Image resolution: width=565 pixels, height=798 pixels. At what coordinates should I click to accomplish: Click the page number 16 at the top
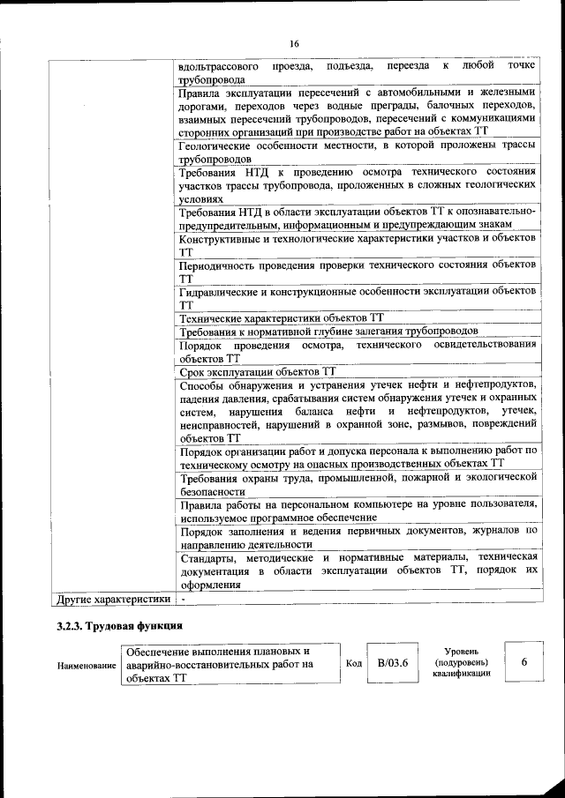(x=294, y=44)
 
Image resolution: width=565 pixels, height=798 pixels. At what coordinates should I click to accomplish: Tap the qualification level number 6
(x=524, y=663)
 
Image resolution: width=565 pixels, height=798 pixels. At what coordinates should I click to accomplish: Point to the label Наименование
(x=87, y=665)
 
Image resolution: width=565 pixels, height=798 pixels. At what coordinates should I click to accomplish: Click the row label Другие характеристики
(x=112, y=600)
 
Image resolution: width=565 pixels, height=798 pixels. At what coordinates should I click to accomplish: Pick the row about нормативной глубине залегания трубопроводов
(x=328, y=332)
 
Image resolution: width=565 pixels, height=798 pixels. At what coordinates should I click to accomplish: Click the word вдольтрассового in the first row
(x=219, y=65)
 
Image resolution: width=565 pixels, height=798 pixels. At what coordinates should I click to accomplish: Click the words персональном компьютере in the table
(x=340, y=504)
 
